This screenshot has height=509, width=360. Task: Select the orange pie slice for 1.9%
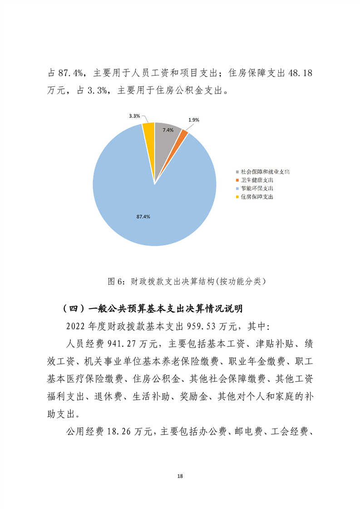point(183,135)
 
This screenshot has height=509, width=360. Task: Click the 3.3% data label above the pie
point(134,116)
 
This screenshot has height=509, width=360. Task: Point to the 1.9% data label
point(193,120)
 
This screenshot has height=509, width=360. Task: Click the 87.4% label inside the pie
point(143,217)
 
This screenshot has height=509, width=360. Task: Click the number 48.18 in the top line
point(300,73)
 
